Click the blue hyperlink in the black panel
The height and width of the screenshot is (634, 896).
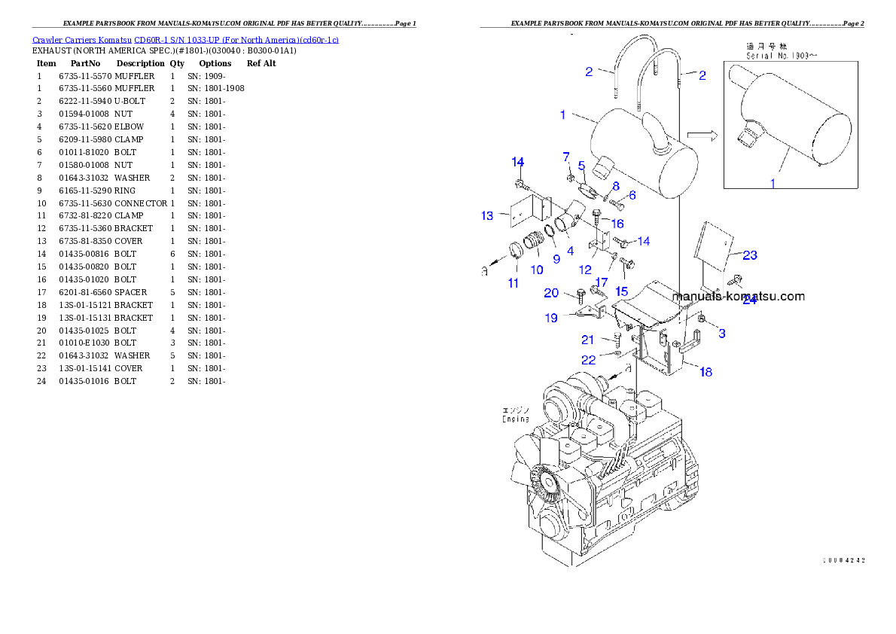pos(185,39)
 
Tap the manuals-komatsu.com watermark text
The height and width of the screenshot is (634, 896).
pos(739,296)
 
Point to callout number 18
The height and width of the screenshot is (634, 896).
pos(705,371)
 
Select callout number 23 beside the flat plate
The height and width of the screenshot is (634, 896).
pos(749,255)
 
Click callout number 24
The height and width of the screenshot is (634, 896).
pos(748,300)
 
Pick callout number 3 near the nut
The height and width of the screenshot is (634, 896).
pos(721,333)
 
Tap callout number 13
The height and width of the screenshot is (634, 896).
pos(487,216)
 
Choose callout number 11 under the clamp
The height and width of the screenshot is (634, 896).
pos(513,283)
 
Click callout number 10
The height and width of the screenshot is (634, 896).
pos(536,270)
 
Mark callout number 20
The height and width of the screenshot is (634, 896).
pos(551,293)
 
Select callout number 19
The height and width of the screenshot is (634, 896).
pos(551,318)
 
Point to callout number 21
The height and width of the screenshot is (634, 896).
pos(587,340)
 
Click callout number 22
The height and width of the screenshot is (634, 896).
pos(587,360)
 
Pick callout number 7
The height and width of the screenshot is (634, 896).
pos(566,156)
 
